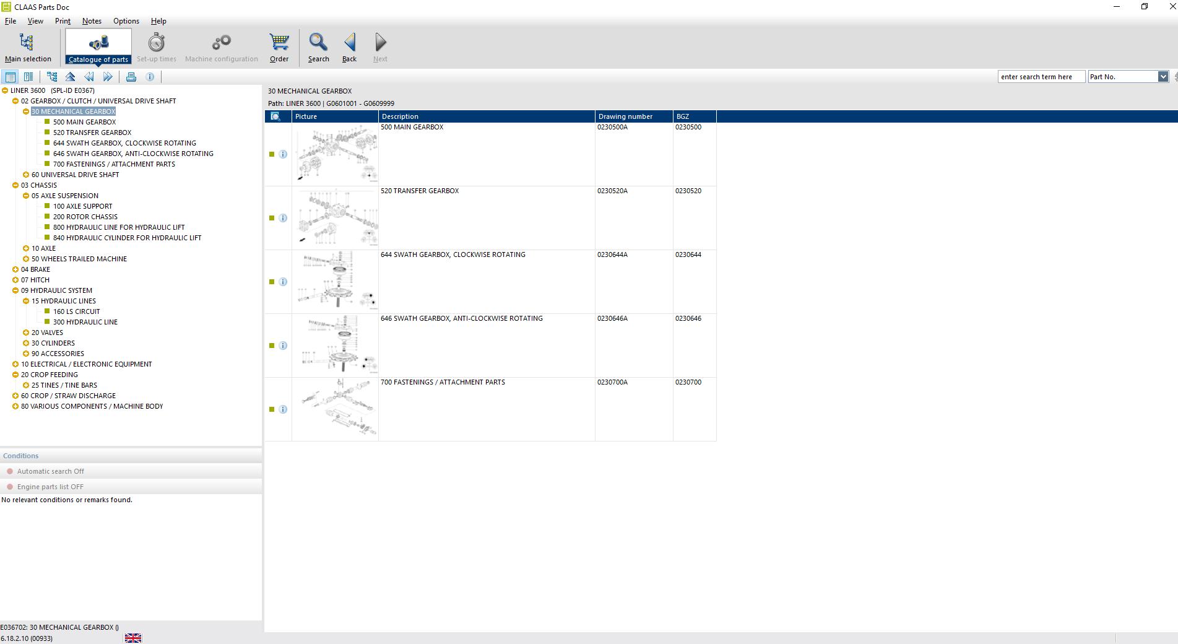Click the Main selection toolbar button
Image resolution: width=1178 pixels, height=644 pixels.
pos(27,47)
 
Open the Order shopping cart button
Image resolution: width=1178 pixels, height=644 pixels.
pos(279,47)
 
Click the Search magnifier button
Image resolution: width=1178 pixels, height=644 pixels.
pos(318,47)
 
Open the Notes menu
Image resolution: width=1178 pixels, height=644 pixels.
pos(92,21)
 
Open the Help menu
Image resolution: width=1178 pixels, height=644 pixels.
pos(158,21)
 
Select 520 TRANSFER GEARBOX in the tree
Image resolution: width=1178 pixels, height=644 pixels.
pos(92,133)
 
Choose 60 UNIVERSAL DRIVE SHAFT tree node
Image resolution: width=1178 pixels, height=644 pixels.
pos(75,175)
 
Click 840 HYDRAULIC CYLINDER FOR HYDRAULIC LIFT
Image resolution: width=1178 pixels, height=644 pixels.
pos(127,238)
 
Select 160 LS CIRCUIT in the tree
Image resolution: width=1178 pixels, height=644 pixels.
pos(76,311)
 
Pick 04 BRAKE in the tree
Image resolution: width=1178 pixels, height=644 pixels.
pos(35,269)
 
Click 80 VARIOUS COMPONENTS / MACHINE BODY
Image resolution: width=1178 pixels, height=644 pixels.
pos(92,406)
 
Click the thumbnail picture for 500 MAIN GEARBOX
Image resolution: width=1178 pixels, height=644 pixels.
pos(335,154)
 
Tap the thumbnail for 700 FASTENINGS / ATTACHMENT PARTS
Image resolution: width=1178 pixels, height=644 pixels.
pos(335,409)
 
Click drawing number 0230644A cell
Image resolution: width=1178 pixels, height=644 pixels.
pos(612,255)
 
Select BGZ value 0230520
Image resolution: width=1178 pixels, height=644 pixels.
pos(688,191)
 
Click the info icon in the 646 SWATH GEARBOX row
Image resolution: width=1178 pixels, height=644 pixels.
pos(283,346)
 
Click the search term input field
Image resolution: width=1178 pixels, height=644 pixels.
pos(1041,77)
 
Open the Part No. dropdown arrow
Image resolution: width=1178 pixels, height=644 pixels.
pos(1163,77)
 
